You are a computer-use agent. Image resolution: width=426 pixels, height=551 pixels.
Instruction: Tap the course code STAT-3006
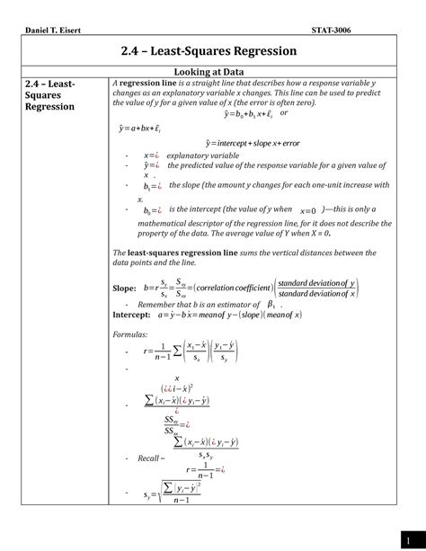click(331, 30)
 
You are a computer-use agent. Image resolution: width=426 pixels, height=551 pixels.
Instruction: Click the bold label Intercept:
click(131, 315)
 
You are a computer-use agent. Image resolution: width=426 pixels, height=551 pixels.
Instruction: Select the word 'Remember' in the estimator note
click(162, 305)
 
